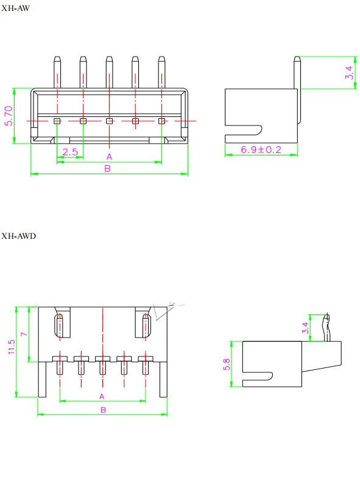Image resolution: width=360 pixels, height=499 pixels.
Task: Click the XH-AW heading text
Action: coord(15,8)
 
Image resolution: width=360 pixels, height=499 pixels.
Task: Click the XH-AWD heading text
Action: coord(18,236)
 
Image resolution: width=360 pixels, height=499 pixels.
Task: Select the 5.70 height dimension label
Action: coord(9,116)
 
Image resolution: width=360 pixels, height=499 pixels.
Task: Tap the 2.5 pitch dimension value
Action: coord(70,152)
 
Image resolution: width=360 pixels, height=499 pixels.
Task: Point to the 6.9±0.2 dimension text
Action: coord(261,149)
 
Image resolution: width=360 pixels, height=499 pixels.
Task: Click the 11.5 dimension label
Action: coord(12,347)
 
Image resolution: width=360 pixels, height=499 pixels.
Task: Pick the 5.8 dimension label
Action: coord(227,364)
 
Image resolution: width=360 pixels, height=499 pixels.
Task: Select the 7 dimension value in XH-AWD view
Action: coord(24,334)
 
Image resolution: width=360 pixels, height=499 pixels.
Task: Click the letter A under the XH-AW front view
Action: coord(109,157)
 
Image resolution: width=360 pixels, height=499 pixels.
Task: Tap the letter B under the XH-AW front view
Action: coord(108,169)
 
